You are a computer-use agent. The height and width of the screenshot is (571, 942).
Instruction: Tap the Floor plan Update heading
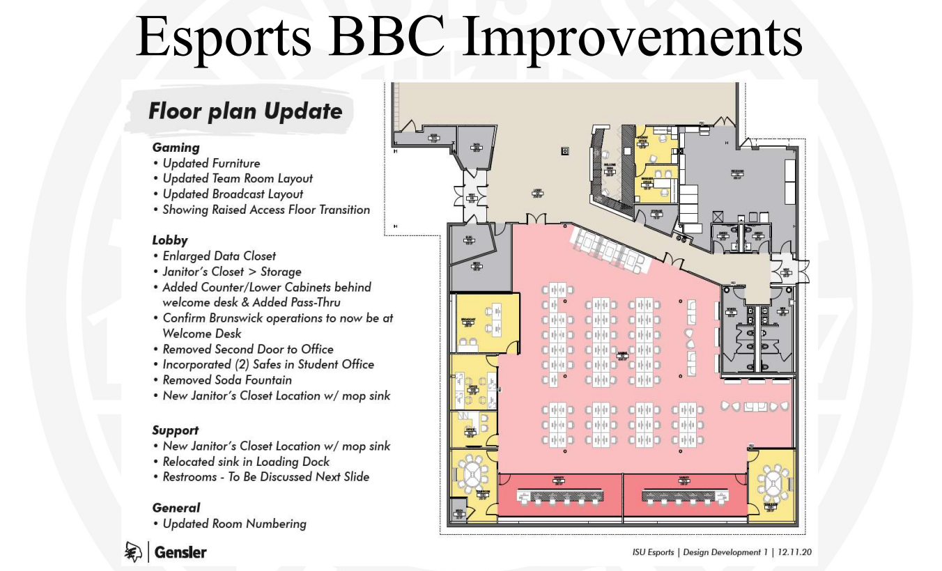245,111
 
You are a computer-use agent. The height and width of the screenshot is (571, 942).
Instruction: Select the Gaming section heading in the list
176,148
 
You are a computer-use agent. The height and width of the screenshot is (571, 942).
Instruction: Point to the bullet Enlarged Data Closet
219,256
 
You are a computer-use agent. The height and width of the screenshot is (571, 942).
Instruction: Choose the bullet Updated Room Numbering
234,524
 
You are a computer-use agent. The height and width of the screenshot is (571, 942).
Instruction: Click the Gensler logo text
180,553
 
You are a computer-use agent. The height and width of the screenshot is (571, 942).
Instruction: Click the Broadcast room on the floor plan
468,322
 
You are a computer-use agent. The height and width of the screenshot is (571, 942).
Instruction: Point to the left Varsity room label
559,479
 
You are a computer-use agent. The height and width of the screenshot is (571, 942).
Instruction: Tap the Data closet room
477,147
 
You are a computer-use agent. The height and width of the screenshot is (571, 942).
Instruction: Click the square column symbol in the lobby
565,150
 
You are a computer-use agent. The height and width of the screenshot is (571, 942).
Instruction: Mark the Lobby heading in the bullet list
170,240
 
